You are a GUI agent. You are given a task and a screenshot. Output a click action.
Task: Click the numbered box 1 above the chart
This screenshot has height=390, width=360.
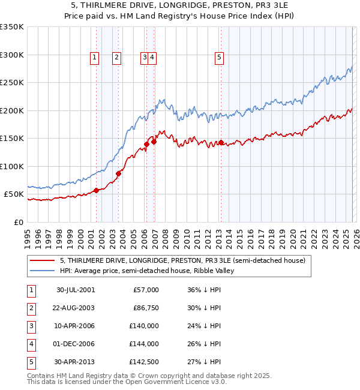tap(95, 58)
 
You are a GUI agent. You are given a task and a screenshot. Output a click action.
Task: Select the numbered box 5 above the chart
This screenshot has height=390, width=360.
tap(219, 58)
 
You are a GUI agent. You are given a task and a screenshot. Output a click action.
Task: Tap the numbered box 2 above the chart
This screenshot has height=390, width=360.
tap(116, 58)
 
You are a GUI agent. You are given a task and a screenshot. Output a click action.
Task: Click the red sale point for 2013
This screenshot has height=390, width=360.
tap(221, 143)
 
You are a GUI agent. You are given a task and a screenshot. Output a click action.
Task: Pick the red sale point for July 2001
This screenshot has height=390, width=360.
tap(96, 191)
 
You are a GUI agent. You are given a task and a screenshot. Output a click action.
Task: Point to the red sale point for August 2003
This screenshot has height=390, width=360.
tap(118, 174)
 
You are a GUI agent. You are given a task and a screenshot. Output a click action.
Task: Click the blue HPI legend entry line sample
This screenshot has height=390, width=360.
tap(43, 271)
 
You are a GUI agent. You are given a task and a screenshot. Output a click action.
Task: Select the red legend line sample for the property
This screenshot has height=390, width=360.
tap(43, 260)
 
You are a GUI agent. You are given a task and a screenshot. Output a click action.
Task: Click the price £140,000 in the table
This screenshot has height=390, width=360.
tap(145, 326)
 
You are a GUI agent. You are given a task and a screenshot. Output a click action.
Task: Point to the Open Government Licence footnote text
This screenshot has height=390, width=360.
tap(127, 382)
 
